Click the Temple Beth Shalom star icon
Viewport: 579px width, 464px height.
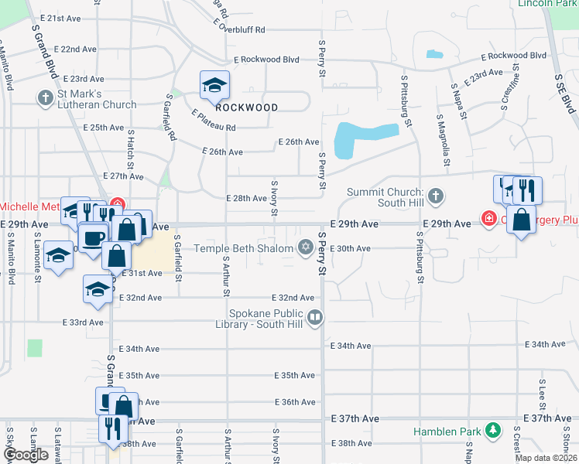305,247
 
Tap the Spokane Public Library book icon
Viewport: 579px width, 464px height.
315,316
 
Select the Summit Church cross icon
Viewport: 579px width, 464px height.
436,196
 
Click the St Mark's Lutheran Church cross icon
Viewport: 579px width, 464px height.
44,98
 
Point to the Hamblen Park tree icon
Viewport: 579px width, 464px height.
492,430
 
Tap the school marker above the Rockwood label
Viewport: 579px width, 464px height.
214,85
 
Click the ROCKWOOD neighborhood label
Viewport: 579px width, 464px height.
246,107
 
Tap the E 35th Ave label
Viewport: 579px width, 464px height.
295,375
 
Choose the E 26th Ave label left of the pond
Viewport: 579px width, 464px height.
300,142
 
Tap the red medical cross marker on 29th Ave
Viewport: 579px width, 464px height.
489,220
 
